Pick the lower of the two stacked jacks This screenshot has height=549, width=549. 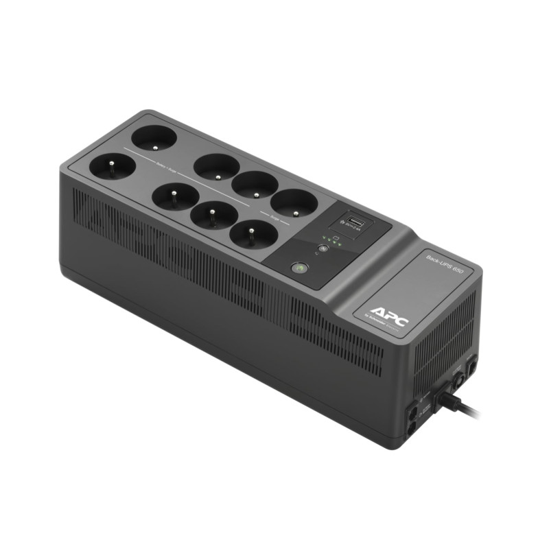click(x=411, y=426)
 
